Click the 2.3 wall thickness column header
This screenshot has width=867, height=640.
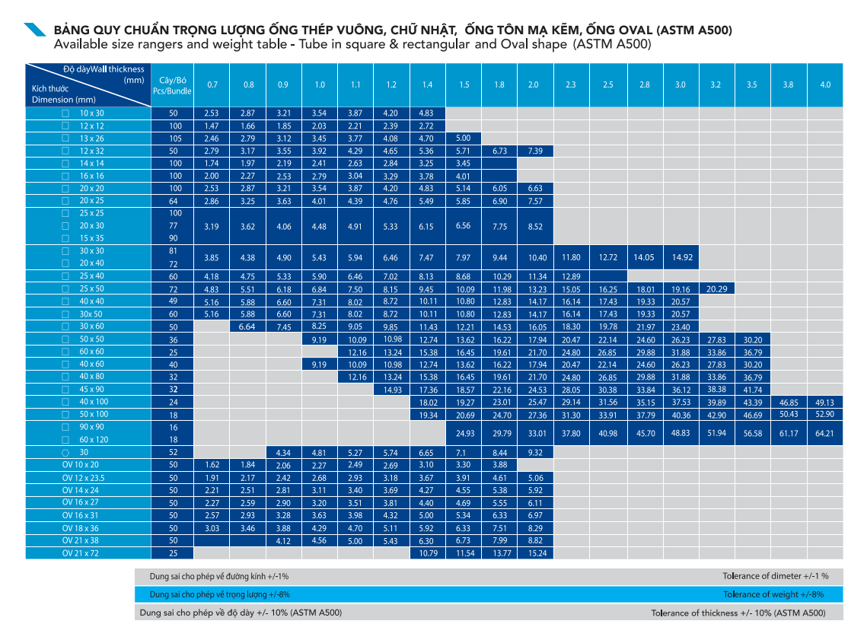pos(571,84)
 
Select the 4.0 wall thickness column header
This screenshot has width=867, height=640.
pos(825,84)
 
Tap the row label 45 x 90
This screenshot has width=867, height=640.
pos(91,389)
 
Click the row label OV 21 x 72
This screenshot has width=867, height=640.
pos(80,553)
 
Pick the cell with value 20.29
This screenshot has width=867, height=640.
pos(716,289)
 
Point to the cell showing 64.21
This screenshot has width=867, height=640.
pos(824,433)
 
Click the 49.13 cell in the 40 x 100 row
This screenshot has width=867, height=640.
pos(824,403)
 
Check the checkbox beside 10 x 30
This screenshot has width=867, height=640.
pos(65,113)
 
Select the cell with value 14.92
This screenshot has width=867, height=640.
pos(681,257)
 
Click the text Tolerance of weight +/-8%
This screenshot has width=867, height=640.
pos(773,594)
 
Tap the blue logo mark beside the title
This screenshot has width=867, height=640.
pos(34,29)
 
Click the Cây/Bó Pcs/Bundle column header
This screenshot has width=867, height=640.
pos(172,85)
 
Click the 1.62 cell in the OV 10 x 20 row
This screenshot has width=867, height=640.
pos(212,465)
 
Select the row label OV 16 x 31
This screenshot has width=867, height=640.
pos(80,515)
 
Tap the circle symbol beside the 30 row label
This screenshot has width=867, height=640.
pos(65,453)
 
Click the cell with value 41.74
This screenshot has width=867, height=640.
pos(753,390)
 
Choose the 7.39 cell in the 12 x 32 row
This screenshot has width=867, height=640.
pos(535,151)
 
